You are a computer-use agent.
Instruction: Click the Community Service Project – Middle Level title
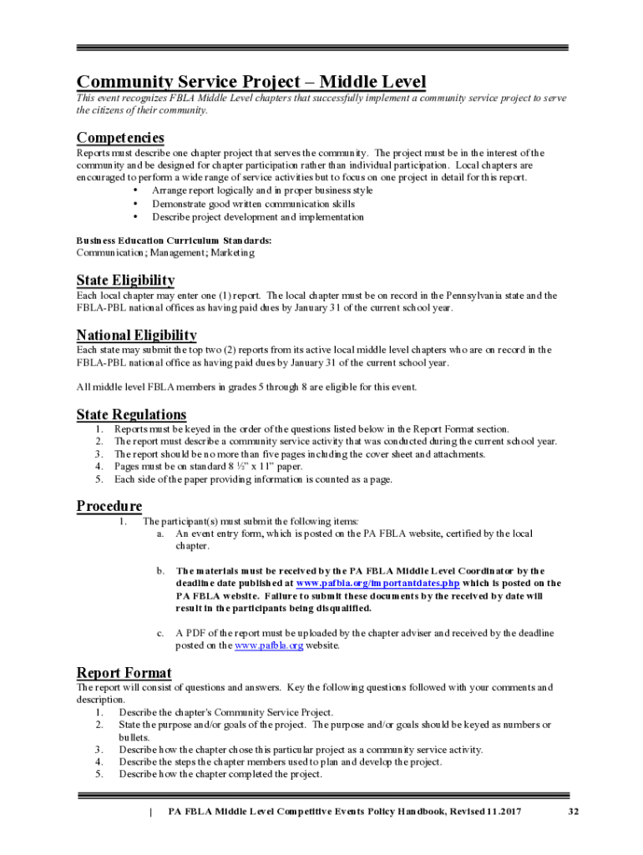[251, 82]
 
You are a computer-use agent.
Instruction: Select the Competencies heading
[120, 137]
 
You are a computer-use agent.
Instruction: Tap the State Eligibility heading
[125, 280]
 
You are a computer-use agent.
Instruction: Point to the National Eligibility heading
[137, 335]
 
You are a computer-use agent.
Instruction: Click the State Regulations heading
[131, 414]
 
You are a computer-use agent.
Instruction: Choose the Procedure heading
[109, 505]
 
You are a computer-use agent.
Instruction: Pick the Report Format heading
[124, 672]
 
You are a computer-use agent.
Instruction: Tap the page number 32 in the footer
[573, 812]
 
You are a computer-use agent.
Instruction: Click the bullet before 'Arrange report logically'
[135, 190]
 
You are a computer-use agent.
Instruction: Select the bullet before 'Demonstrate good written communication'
[135, 204]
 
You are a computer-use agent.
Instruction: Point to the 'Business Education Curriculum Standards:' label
[174, 240]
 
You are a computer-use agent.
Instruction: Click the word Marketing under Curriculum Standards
[233, 252]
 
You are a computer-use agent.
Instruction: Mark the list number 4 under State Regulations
[99, 466]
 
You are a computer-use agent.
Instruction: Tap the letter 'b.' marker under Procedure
[160, 570]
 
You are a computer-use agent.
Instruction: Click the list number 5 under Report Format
[99, 774]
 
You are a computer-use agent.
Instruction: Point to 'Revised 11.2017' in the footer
[482, 812]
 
